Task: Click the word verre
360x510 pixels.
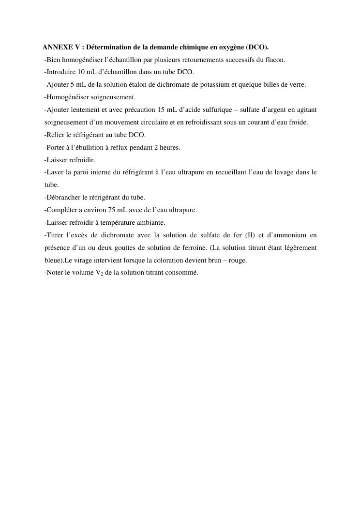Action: pyautogui.click(x=297, y=85)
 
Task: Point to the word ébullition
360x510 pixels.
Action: pyautogui.click(x=89, y=147)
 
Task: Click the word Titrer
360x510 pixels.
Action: pyautogui.click(x=54, y=235)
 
